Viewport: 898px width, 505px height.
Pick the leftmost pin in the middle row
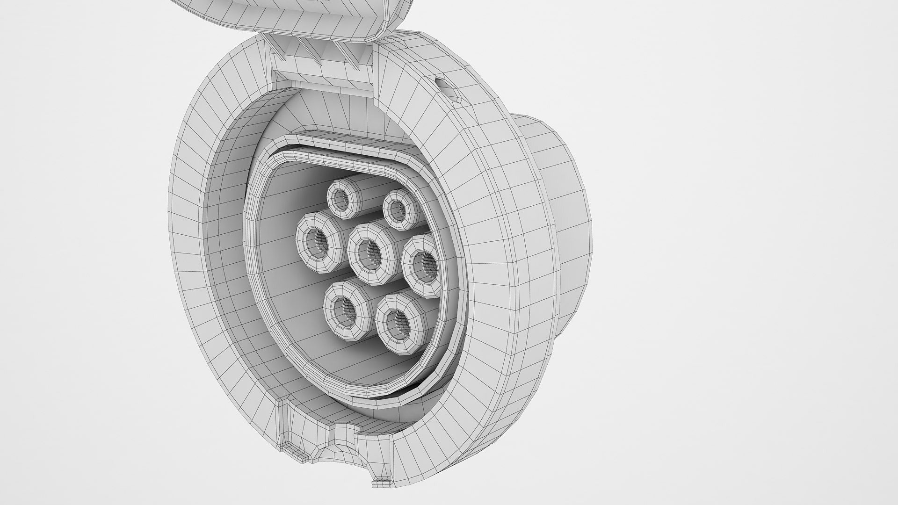click(319, 242)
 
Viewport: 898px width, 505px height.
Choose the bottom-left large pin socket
click(347, 309)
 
